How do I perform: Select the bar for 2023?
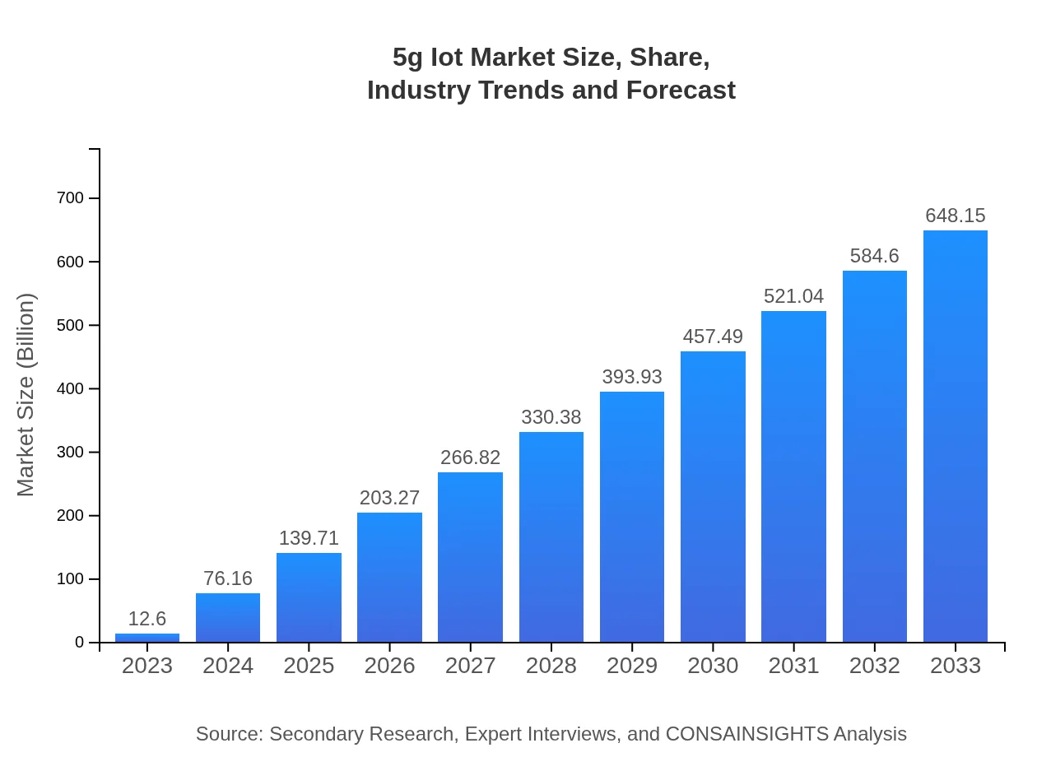tap(147, 638)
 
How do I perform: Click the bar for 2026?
tap(389, 578)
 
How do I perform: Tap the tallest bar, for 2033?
tap(955, 436)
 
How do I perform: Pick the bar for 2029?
tap(632, 517)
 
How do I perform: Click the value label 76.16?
tap(228, 578)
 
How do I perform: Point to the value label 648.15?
tap(955, 216)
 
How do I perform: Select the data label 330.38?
tap(551, 417)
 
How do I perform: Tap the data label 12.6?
tap(147, 619)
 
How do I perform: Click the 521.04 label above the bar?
tap(793, 296)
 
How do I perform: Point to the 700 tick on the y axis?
tap(71, 198)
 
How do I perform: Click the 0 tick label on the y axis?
tap(80, 643)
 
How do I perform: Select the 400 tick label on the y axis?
tap(71, 389)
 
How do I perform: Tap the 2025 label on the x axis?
tap(309, 666)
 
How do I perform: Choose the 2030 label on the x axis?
tap(713, 666)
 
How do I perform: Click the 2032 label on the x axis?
tap(874, 666)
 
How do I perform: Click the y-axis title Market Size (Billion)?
tap(26, 395)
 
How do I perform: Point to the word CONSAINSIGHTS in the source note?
tap(746, 734)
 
